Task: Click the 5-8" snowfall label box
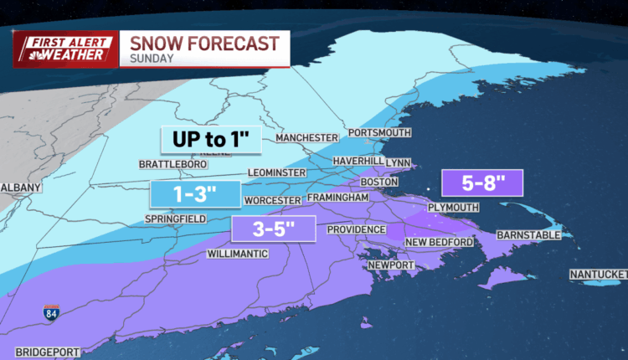tap(482, 183)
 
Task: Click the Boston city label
tap(378, 182)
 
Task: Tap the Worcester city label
tap(271, 201)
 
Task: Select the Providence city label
tap(356, 229)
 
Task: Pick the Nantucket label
tap(598, 275)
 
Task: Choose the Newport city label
tap(391, 265)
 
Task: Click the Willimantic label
tap(238, 254)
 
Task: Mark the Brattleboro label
tap(175, 165)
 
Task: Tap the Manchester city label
tap(306, 138)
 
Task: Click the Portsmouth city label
tap(382, 133)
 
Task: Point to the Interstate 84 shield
tap(51, 315)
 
